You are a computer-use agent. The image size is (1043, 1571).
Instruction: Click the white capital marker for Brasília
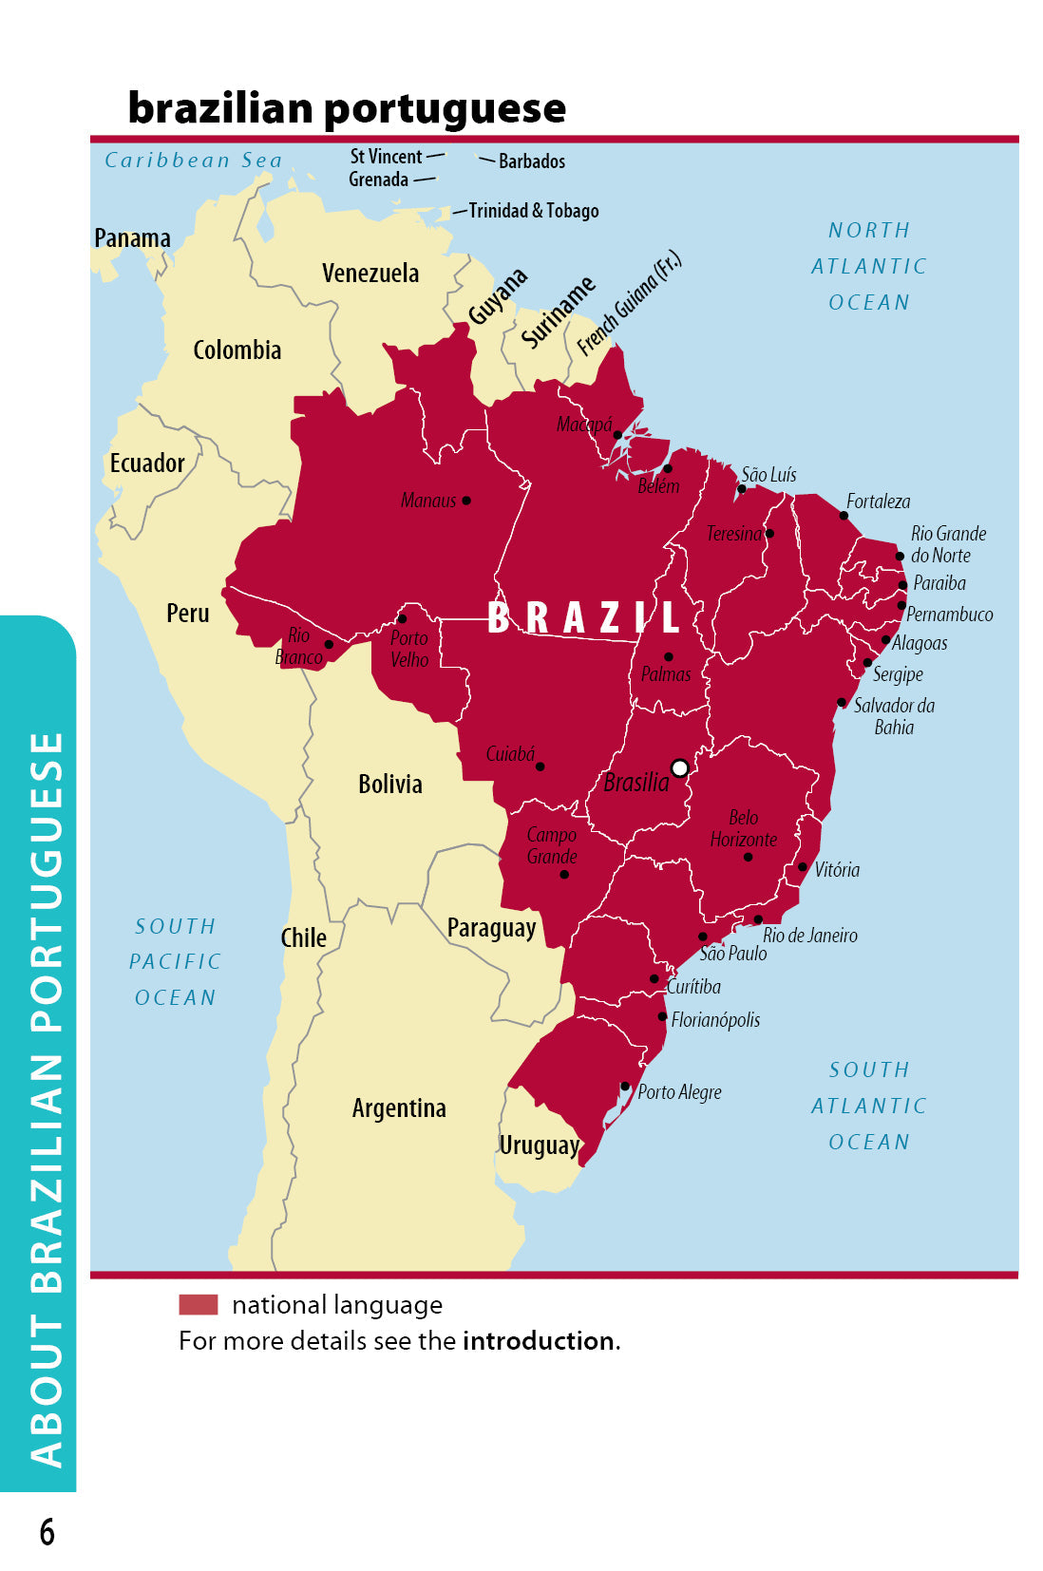(x=679, y=767)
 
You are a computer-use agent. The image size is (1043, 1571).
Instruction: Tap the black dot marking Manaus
(x=466, y=501)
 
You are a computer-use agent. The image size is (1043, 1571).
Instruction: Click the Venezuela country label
(x=370, y=274)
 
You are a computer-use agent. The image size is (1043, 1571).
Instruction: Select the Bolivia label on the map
(x=390, y=785)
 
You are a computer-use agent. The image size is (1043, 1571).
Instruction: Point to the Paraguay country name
(x=491, y=928)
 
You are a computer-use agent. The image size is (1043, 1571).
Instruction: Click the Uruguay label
(x=539, y=1145)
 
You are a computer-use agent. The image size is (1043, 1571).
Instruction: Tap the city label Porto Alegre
(x=679, y=1092)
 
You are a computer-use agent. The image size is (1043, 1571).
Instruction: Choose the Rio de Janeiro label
(x=809, y=936)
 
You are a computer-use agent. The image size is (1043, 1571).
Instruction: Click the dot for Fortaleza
(x=844, y=516)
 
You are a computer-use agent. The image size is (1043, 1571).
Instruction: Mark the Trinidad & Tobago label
(x=534, y=211)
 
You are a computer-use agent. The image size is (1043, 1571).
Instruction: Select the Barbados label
(x=532, y=161)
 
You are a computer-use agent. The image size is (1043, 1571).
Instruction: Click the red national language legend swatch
(x=199, y=1304)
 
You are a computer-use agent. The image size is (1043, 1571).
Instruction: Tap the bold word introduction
(x=539, y=1341)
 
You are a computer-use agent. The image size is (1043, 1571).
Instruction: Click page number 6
(x=47, y=1532)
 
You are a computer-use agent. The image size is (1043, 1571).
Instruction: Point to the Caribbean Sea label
(x=194, y=161)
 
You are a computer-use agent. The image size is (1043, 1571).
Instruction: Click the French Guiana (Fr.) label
(x=629, y=303)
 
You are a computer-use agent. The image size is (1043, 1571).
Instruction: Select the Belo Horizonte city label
(x=743, y=828)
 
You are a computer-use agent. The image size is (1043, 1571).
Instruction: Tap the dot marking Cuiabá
(x=540, y=767)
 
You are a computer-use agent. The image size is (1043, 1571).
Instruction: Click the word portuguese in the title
(x=446, y=109)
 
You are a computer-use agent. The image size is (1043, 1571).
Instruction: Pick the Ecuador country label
(x=147, y=464)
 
